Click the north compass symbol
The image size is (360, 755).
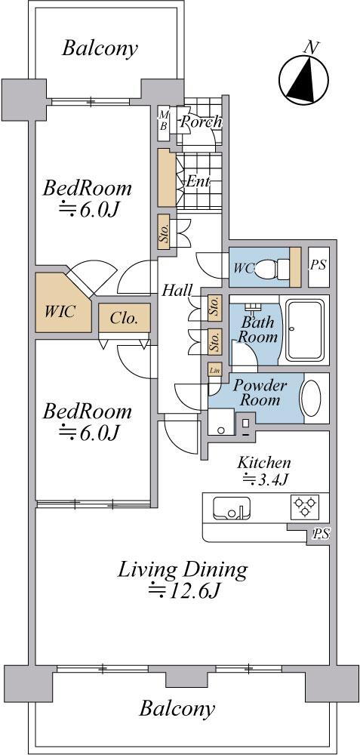(304, 78)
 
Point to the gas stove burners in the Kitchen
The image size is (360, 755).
(306, 506)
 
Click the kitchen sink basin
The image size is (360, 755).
(232, 508)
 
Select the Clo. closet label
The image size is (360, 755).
(125, 319)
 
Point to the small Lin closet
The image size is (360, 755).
(214, 370)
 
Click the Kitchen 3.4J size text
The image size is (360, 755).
(264, 479)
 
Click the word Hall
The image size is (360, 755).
(177, 291)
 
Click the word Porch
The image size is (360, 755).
(201, 122)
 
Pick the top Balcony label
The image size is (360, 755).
(100, 48)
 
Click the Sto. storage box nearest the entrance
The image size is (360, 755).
(164, 232)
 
